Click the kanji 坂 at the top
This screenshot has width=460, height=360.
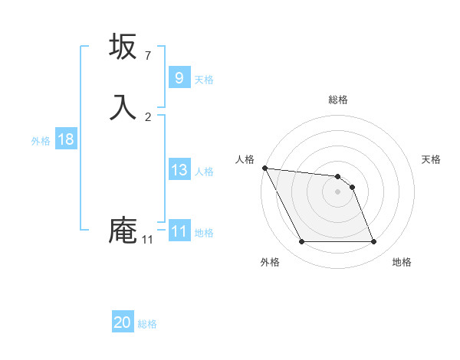tap(123, 47)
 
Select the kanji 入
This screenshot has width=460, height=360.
tap(123, 107)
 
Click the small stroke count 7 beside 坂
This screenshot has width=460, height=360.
tap(148, 56)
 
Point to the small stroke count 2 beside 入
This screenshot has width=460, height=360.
tap(148, 117)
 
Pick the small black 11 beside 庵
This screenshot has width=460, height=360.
tap(147, 241)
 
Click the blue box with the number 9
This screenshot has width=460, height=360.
tap(179, 78)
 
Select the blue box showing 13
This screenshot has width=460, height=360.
tap(179, 170)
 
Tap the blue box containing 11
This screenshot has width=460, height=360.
tap(179, 231)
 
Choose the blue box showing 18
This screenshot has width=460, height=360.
tap(65, 139)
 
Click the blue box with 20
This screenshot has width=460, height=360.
tap(123, 322)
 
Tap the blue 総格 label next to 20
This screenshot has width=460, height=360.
tap(148, 324)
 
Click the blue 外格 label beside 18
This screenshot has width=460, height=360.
tap(41, 141)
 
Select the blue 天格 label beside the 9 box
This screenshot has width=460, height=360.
tap(204, 80)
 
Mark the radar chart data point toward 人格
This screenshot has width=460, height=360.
tap(264, 168)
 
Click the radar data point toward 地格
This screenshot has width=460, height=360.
tap(373, 242)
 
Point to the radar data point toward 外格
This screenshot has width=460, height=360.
tap(301, 242)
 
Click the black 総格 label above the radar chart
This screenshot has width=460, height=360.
tap(338, 100)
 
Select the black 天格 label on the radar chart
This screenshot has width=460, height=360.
tap(431, 159)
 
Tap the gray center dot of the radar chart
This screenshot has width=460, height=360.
tap(338, 191)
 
